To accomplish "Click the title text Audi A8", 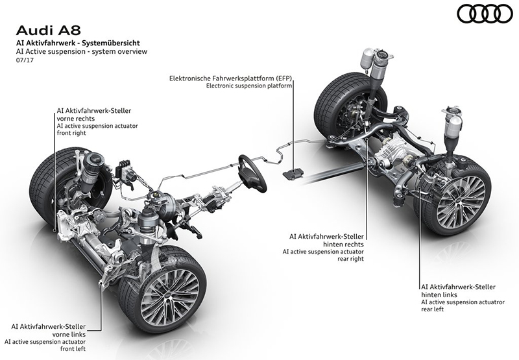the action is (x=48, y=30).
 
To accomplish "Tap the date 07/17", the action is (x=25, y=60).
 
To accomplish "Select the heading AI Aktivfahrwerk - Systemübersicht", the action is (x=78, y=43).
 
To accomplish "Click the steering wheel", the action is (x=252, y=172).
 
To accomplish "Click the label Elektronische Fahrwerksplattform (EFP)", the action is (x=231, y=78).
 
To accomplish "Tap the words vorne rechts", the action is (x=76, y=119).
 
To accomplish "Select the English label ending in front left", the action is (x=45, y=345).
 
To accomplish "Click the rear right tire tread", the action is (x=331, y=99).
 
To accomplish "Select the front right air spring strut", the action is (x=95, y=169).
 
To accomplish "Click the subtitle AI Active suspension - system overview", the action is (x=82, y=51).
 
